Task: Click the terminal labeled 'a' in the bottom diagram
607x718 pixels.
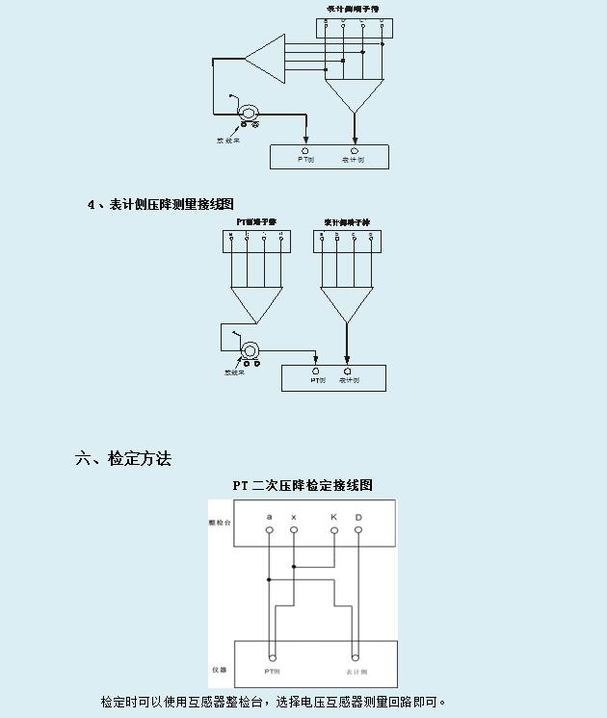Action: pos(270,518)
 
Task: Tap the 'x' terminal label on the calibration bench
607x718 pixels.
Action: pos(294,518)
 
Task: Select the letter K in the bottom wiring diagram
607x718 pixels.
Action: pos(333,518)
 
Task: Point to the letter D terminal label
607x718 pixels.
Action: pos(358,518)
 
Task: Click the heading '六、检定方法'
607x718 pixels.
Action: pos(123,458)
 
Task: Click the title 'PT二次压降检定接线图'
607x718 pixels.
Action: pos(302,485)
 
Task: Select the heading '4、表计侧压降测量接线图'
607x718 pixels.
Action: pos(160,204)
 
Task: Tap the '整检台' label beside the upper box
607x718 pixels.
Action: pos(220,522)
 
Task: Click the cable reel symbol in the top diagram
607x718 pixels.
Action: pos(249,115)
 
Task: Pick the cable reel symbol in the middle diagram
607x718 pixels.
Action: pos(251,350)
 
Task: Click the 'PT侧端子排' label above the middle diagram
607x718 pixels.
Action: pos(256,222)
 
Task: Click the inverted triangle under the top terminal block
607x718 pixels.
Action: pos(355,94)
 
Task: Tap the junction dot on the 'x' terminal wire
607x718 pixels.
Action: pos(294,567)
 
